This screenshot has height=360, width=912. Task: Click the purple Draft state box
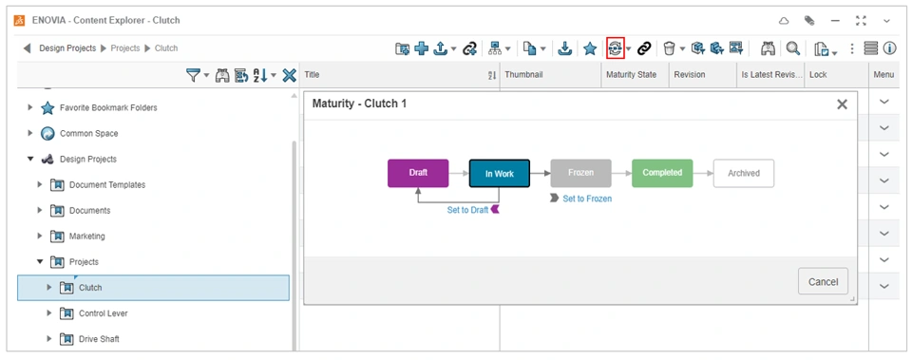point(418,173)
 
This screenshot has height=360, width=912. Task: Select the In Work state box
point(500,173)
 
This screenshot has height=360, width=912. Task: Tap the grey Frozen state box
point(581,173)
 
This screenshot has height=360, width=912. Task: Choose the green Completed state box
point(662,173)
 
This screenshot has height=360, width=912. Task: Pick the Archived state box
point(744,173)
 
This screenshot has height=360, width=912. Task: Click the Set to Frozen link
point(587,199)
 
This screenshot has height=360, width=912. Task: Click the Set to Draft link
point(467,210)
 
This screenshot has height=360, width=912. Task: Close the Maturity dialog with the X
point(842,104)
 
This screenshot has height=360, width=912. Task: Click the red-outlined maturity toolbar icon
point(615,48)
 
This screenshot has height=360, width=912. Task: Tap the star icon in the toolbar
point(590,48)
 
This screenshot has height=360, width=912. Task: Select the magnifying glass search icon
point(792,48)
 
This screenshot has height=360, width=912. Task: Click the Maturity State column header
point(631,74)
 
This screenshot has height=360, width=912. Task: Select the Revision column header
point(690,74)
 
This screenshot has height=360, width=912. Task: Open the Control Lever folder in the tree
point(103,313)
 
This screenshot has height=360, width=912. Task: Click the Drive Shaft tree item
point(99,339)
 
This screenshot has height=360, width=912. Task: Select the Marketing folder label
point(87,237)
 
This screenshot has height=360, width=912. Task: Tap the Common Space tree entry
point(88,133)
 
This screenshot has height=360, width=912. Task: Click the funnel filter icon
point(193,75)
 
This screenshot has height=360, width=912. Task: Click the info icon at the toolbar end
point(889,48)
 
